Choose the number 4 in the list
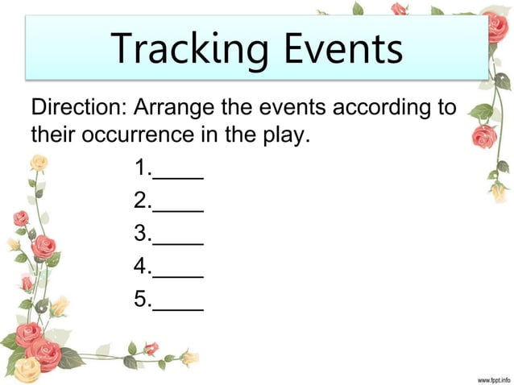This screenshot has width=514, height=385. point(141,267)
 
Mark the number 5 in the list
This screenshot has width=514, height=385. point(141,300)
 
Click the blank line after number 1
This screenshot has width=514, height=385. point(178,177)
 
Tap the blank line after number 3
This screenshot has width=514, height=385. point(178,242)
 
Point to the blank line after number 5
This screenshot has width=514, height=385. point(178,308)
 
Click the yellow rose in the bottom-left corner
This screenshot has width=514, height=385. point(27,369)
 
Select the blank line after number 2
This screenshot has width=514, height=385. point(178,209)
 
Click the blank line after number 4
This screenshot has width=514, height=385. point(178,275)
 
